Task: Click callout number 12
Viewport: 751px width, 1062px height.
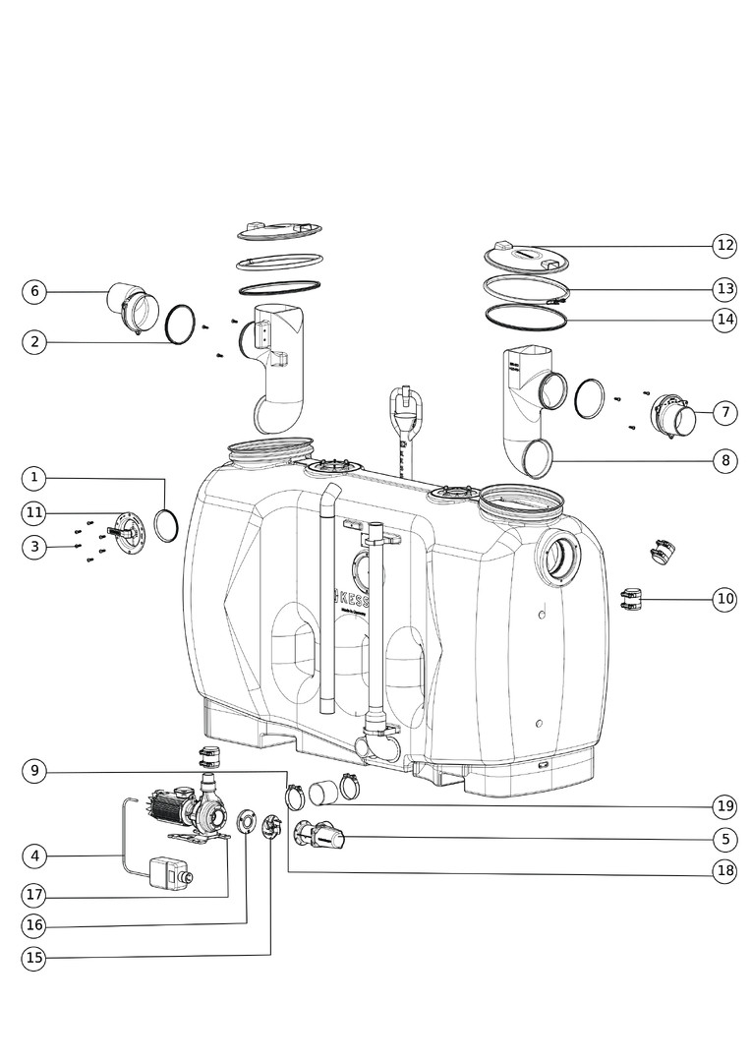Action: (x=725, y=245)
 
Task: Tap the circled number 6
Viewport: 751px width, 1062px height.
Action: (x=34, y=291)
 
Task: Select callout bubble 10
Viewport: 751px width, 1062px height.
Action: (x=725, y=599)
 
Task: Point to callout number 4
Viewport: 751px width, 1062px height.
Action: (x=34, y=855)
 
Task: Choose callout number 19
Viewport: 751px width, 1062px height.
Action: (x=725, y=807)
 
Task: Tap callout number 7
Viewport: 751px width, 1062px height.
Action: (x=725, y=413)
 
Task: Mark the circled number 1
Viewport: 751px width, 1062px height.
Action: (x=34, y=478)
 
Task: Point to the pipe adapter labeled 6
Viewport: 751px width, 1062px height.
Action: (x=132, y=306)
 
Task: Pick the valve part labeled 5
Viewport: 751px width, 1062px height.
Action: (x=322, y=838)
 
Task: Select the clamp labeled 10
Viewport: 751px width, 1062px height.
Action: (x=630, y=598)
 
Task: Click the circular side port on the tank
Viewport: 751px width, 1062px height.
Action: (x=556, y=558)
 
